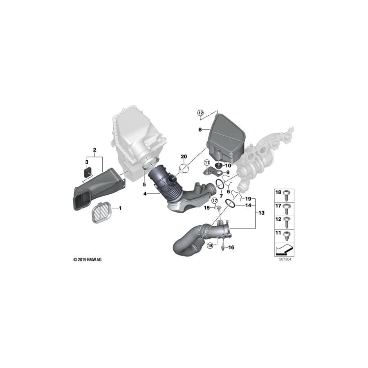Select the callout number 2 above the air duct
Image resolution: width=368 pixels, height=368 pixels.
[x=94, y=150]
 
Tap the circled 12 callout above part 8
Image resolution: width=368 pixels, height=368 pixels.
[x=200, y=112]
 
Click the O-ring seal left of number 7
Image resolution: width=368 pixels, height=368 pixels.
[x=219, y=184]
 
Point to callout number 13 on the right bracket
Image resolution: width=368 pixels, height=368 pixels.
[x=262, y=213]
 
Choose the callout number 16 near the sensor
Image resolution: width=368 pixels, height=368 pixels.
[x=231, y=247]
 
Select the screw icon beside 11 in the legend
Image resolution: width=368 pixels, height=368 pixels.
[x=287, y=235]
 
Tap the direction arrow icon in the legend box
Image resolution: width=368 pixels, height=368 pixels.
[x=285, y=248]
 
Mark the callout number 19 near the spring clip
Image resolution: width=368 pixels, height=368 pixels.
[x=248, y=199]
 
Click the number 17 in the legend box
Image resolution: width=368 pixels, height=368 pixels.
[x=278, y=206]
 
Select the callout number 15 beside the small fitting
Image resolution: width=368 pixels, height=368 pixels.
[x=207, y=208]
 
